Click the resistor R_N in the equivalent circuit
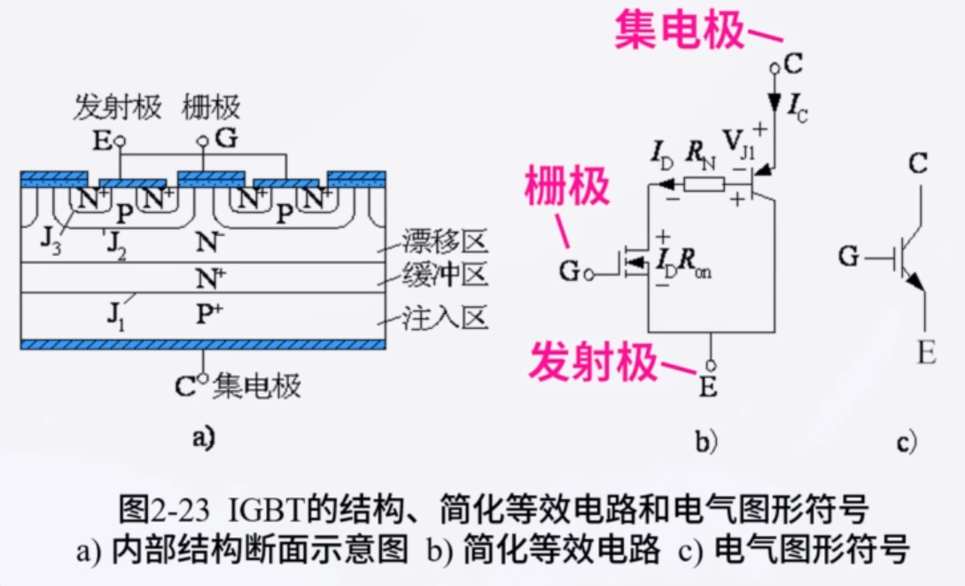pos(704,184)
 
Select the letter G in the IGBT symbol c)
pos(848,258)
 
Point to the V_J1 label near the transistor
pos(740,145)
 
